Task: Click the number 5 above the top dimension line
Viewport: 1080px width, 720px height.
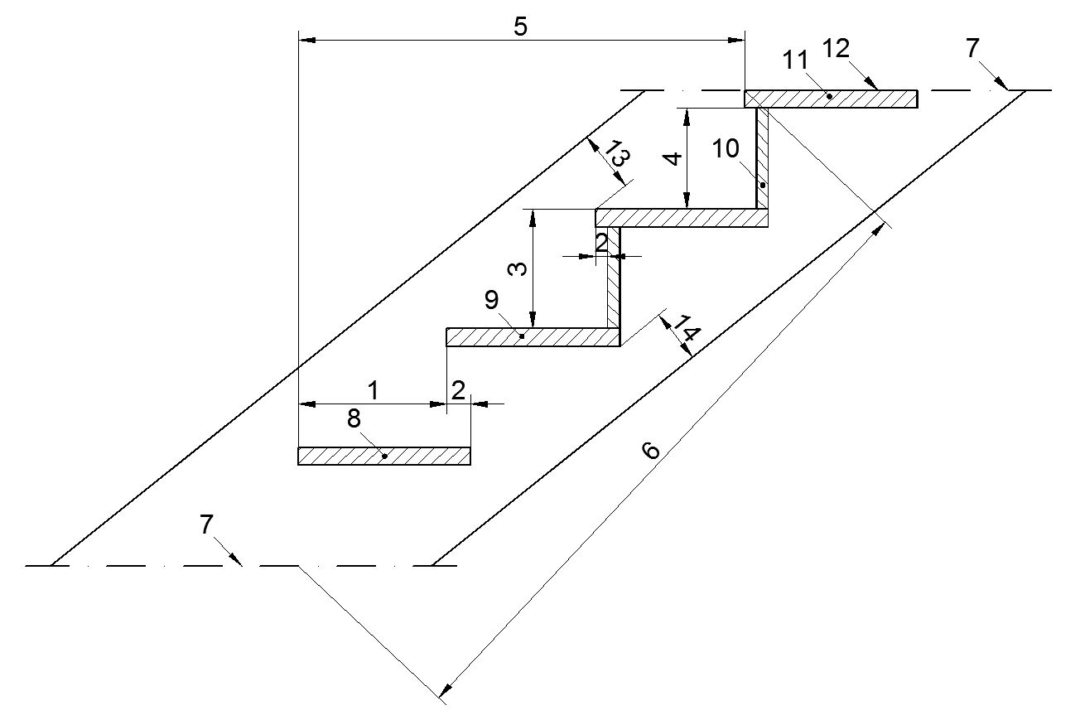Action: coord(520,27)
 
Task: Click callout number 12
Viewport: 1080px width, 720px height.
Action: coord(837,49)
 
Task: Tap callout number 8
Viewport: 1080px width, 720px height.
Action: coord(354,419)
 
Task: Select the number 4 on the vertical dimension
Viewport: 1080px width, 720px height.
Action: coord(675,157)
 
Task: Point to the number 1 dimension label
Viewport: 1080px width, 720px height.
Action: coord(374,389)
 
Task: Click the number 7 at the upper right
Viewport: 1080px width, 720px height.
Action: coord(972,49)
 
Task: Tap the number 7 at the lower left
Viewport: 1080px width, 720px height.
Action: coord(206,524)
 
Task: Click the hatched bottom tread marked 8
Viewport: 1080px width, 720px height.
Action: coord(414,457)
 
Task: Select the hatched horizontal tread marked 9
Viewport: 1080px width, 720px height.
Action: coord(563,337)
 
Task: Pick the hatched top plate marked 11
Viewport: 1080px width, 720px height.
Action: coord(870,99)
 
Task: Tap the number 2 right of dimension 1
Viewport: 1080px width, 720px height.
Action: coord(458,389)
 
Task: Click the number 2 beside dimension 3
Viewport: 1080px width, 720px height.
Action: coord(602,242)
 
